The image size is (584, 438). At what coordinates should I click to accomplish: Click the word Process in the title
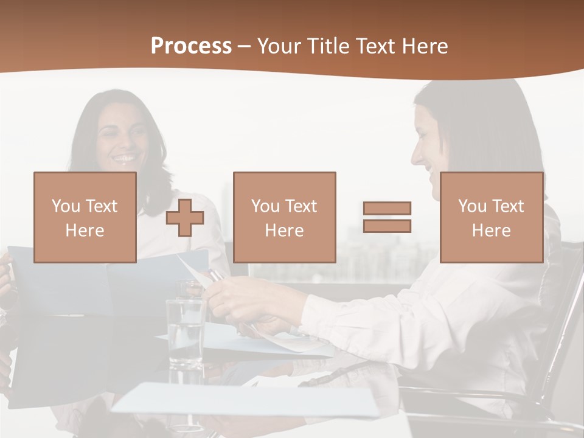(x=191, y=46)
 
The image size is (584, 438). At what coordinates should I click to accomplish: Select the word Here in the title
(x=423, y=46)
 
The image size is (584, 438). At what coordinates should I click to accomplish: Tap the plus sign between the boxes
(x=185, y=218)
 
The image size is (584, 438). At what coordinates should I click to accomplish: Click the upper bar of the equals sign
(x=387, y=208)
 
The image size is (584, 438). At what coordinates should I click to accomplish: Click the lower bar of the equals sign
(x=387, y=226)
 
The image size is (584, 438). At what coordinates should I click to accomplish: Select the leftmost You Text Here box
(x=85, y=217)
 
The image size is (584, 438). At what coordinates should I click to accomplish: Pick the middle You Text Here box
(x=284, y=217)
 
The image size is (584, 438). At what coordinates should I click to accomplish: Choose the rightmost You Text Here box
(x=491, y=217)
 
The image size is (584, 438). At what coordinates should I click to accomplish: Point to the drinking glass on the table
(x=185, y=332)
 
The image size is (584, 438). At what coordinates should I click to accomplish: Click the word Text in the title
(x=374, y=46)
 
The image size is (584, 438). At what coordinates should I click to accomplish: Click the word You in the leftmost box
(x=66, y=206)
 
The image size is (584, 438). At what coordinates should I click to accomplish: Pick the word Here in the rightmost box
(x=491, y=231)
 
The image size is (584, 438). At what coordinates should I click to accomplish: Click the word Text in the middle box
(x=301, y=206)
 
